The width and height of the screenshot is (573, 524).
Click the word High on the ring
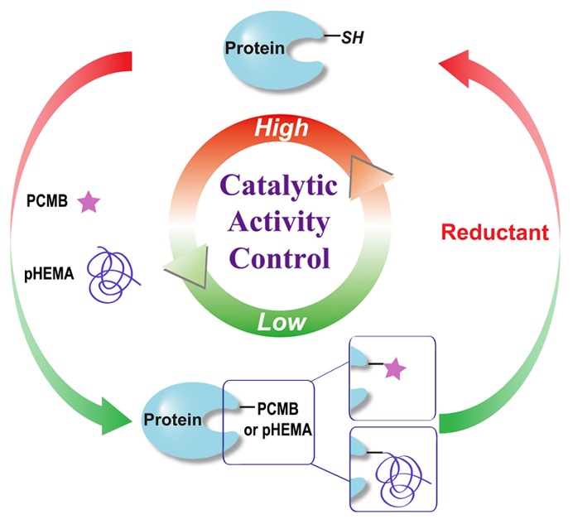[281, 127]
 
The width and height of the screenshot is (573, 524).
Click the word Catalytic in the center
[282, 185]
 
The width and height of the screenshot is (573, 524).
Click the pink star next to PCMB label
[88, 201]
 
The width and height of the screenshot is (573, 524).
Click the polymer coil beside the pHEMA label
[113, 268]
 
